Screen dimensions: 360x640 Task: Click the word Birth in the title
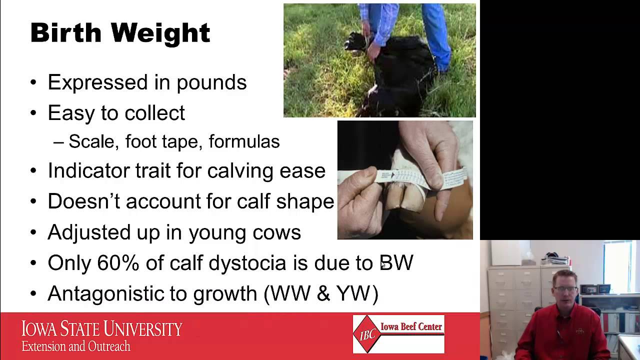coord(66,33)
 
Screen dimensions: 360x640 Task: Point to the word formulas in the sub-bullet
coord(244,142)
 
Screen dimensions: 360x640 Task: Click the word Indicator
coord(88,171)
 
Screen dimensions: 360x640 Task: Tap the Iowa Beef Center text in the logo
coord(411,327)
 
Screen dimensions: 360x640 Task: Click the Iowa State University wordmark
coord(101,329)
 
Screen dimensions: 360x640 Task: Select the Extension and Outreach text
coord(75,346)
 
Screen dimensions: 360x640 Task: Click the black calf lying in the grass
coord(395,75)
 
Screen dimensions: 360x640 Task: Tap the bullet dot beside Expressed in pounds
coord(33,83)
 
